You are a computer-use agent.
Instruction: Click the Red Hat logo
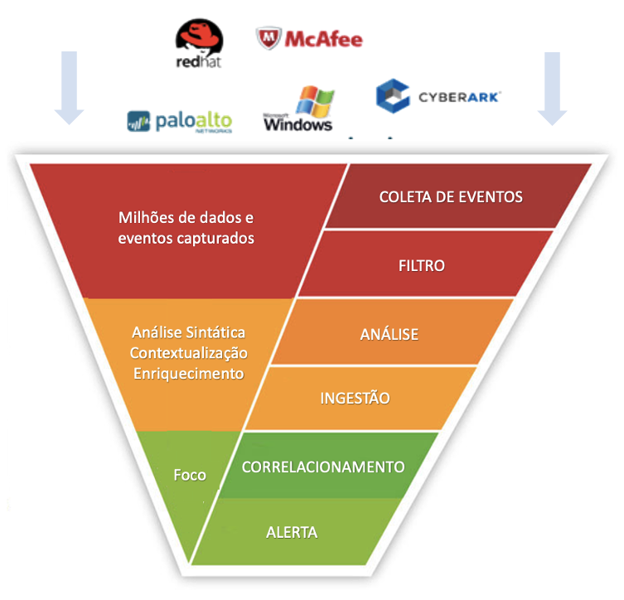(199, 46)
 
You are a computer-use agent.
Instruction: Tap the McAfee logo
(309, 38)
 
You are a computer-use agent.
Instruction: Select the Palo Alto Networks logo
(180, 122)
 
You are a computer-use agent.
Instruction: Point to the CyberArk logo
(438, 96)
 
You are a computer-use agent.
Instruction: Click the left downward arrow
(69, 87)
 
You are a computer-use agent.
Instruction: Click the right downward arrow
(552, 87)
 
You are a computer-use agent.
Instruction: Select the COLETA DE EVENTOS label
(451, 196)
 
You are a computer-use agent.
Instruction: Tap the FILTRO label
(422, 266)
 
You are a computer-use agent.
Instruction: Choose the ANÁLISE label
(389, 335)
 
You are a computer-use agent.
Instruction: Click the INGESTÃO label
(355, 398)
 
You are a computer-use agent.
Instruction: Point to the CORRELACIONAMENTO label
(322, 467)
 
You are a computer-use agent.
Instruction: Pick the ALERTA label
(292, 532)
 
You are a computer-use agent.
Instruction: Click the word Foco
(190, 475)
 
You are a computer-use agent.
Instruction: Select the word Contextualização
(189, 353)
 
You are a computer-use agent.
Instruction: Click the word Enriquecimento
(189, 373)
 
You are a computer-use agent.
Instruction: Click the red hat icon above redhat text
(200, 36)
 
